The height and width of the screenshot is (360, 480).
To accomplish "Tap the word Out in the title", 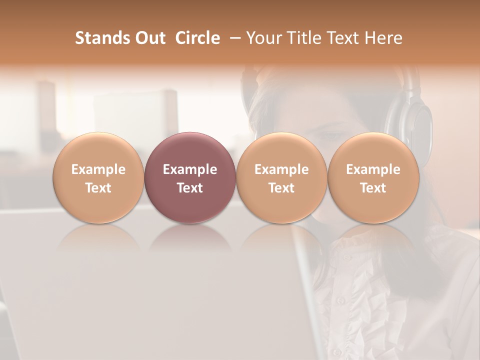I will pos(149,38).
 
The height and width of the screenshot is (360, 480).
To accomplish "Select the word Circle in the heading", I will pos(197,38).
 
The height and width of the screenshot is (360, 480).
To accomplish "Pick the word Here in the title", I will pos(384,38).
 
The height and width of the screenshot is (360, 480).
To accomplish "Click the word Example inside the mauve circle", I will pos(189,169).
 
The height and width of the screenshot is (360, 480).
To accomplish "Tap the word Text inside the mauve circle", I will pos(189,188).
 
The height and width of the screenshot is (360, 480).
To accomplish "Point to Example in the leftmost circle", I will pos(98,169).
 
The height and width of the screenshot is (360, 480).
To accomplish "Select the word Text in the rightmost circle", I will pos(373,188).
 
